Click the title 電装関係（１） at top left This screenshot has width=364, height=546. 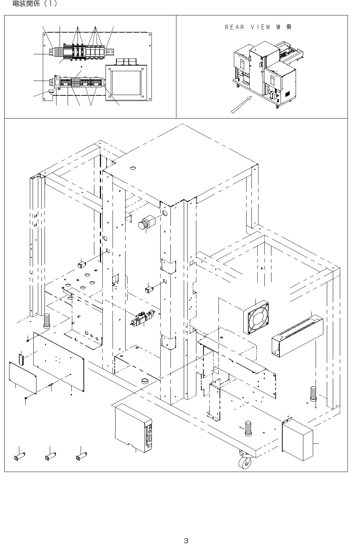(34, 5)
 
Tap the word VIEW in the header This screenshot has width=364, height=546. (259, 27)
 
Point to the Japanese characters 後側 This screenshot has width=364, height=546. (284, 27)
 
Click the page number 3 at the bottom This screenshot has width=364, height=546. (186, 531)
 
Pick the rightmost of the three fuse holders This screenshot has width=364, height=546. (81, 456)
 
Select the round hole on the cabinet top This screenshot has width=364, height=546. (133, 169)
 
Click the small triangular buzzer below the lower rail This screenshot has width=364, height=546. (52, 93)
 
